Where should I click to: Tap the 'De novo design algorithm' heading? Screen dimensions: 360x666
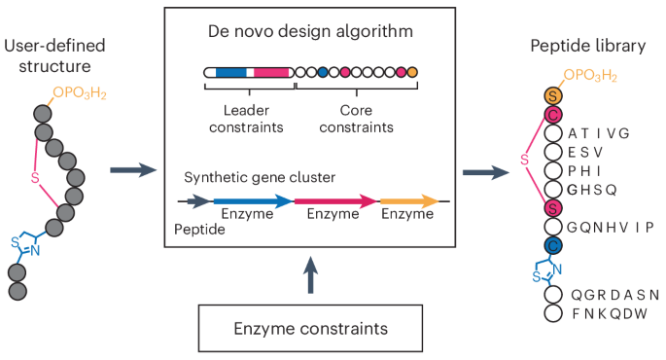tap(310, 31)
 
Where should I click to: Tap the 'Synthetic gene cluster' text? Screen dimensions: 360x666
tap(260, 178)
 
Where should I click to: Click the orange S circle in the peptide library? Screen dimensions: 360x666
tap(552, 95)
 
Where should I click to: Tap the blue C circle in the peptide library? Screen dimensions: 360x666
tap(552, 245)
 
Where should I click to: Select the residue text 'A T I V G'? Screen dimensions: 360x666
tap(600, 133)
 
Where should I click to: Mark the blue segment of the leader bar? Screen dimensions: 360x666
tap(230, 72)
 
